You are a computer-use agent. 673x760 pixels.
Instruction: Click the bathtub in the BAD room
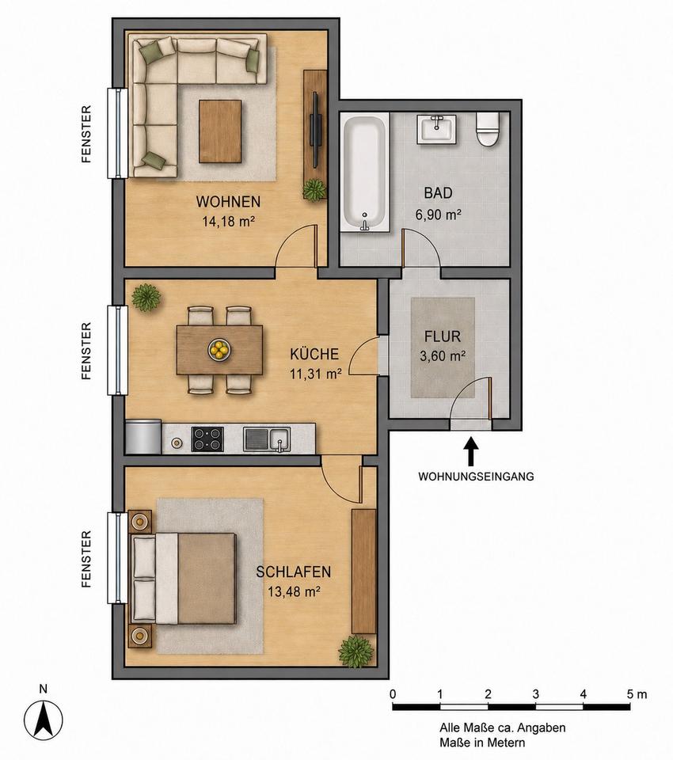click(365, 173)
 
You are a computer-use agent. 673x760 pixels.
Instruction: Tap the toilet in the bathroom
click(488, 129)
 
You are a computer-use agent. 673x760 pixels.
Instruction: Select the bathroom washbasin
click(436, 129)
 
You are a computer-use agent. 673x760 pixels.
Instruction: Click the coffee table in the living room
click(220, 131)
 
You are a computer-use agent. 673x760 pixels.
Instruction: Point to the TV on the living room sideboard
click(316, 129)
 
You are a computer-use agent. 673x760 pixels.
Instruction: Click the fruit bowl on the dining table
click(219, 349)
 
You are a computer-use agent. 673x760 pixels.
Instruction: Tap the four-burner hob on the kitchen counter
click(207, 439)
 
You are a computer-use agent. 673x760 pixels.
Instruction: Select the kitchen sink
click(267, 439)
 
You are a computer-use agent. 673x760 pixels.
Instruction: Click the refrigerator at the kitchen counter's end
click(143, 437)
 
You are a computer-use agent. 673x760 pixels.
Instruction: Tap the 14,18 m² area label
click(229, 222)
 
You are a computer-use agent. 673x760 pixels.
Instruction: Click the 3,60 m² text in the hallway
click(443, 356)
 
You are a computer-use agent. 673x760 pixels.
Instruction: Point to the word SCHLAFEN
click(293, 572)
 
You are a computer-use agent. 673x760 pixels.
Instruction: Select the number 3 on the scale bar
click(535, 694)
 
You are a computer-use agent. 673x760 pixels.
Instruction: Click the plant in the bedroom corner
click(357, 652)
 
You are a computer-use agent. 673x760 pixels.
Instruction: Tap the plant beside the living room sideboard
click(314, 189)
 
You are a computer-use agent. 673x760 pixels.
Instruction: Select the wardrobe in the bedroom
click(364, 572)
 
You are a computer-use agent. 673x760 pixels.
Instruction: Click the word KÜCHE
click(314, 354)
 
